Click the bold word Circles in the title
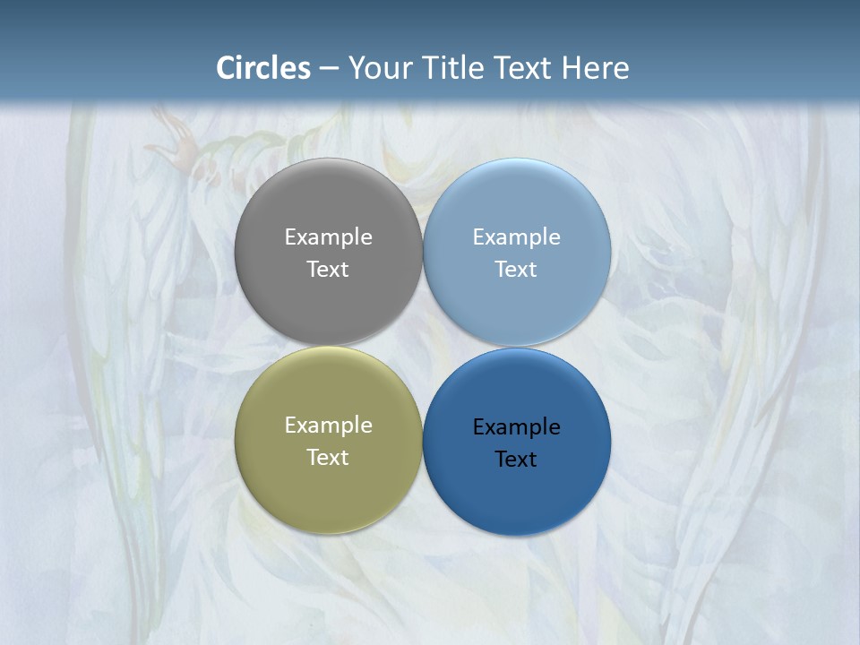(x=263, y=68)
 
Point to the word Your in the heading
(x=381, y=68)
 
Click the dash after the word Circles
(x=329, y=68)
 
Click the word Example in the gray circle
(x=328, y=237)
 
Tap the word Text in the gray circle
(x=328, y=270)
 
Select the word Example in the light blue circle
(x=516, y=237)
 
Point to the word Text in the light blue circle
(x=516, y=270)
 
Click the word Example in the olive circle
(x=328, y=426)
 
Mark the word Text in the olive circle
(x=328, y=458)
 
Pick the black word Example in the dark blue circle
(x=516, y=427)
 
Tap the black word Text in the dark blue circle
(x=516, y=460)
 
